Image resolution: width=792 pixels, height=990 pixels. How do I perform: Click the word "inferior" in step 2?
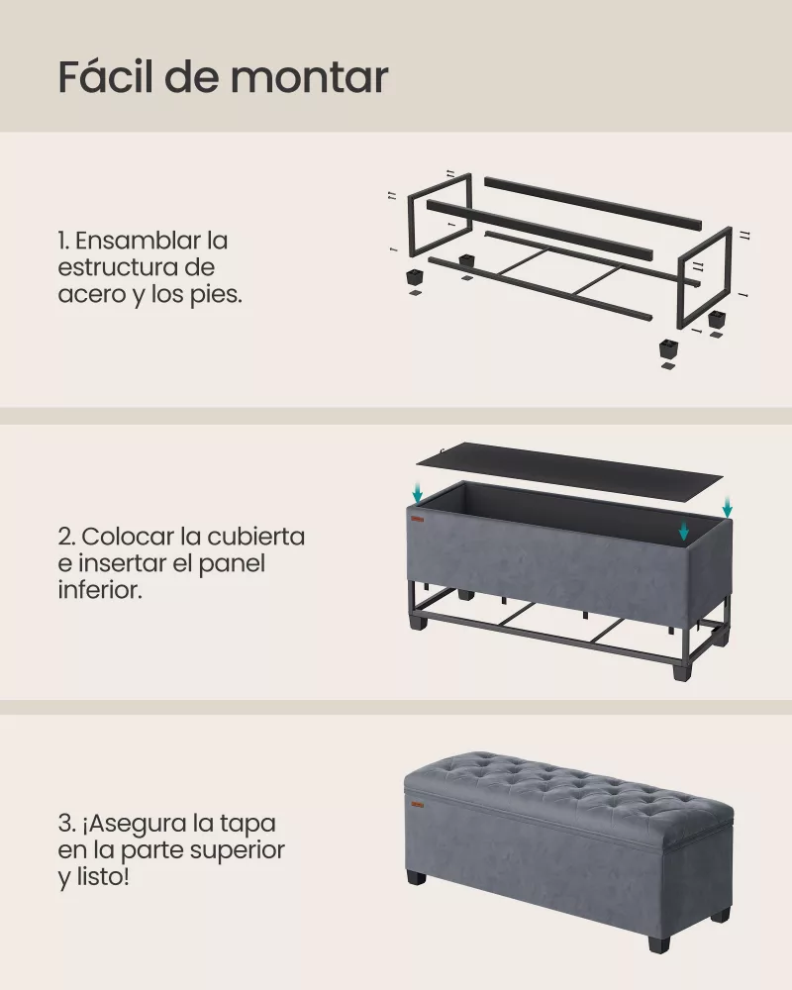102,590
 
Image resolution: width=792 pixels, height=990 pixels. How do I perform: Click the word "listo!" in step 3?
101,877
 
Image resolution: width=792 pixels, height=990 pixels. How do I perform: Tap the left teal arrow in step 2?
419,492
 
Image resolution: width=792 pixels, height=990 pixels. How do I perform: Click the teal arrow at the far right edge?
728,506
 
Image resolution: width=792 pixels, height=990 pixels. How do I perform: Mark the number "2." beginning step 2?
66,538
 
